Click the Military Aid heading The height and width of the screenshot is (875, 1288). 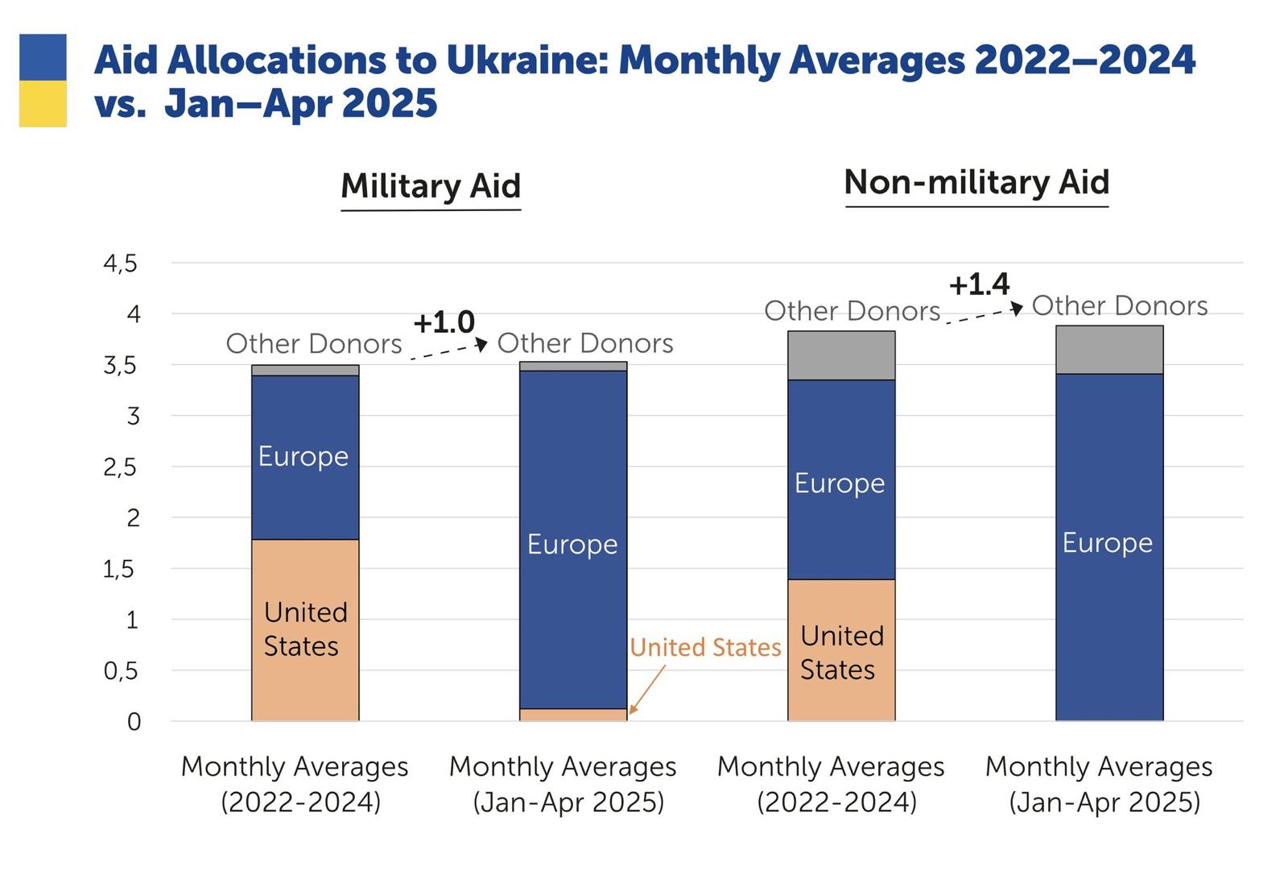[431, 186]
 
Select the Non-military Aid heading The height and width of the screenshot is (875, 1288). [976, 182]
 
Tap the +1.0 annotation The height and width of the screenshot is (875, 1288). [444, 322]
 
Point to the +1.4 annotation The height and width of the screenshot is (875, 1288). [979, 284]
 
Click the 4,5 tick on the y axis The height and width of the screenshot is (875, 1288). [121, 263]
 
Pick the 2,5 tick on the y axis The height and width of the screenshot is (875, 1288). [121, 467]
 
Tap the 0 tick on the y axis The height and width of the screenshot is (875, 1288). [134, 722]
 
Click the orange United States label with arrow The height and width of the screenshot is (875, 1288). [705, 648]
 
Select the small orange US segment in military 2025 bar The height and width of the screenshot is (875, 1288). [573, 715]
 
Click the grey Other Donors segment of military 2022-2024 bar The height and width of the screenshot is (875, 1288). [305, 371]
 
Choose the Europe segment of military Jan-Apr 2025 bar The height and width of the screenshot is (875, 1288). [573, 540]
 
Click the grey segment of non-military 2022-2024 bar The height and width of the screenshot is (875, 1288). [841, 355]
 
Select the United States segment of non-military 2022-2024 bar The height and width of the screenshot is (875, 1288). [841, 650]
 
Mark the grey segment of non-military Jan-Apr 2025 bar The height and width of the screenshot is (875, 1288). [1109, 350]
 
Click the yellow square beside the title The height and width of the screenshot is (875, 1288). [43, 104]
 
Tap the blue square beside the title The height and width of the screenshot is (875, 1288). [43, 57]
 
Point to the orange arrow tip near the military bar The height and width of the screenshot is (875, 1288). [631, 713]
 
